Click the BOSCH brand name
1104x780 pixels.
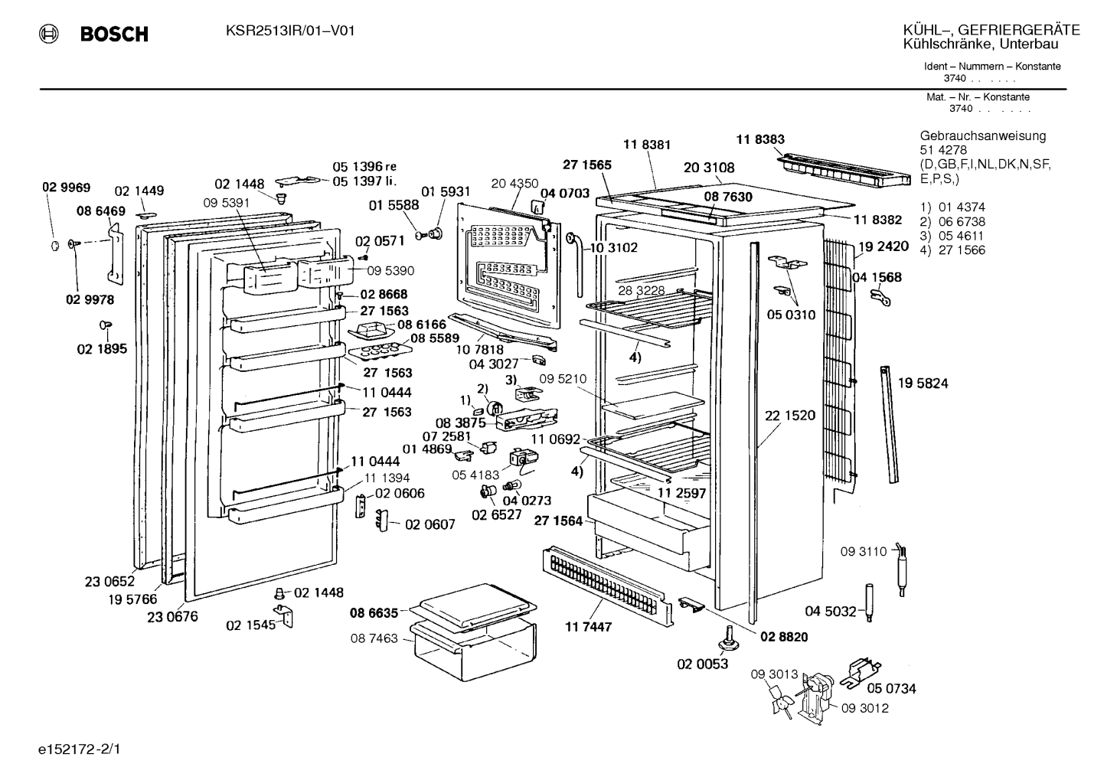[114, 34]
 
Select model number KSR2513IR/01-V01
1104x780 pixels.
[290, 31]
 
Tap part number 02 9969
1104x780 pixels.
[67, 188]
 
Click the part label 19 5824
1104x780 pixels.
[923, 383]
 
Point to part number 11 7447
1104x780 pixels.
[588, 627]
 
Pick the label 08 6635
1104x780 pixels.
[374, 613]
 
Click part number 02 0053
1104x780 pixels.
[702, 664]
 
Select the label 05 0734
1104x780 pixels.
[892, 688]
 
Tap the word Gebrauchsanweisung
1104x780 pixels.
[983, 136]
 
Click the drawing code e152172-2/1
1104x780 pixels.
[80, 749]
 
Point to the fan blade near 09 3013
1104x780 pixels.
[782, 706]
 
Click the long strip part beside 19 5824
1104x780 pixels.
[889, 424]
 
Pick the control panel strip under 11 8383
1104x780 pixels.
[844, 171]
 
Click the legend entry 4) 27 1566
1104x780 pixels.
[952, 250]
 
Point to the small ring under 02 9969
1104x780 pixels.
[55, 246]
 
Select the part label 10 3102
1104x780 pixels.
[613, 247]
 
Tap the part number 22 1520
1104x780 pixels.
[790, 416]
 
